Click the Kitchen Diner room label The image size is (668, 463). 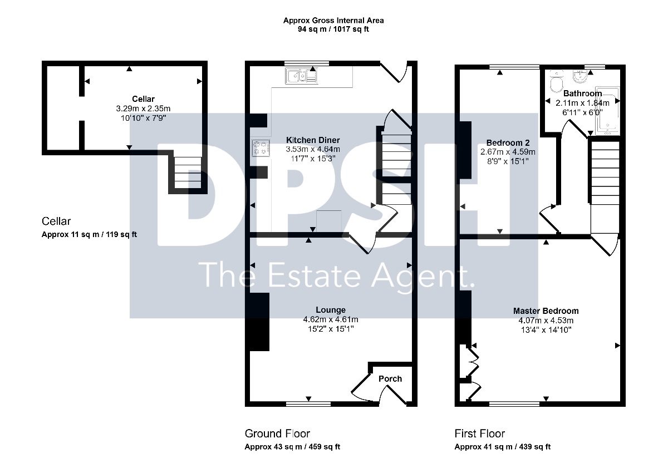[313, 140]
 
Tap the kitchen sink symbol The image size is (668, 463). [301, 76]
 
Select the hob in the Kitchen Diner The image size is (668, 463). [261, 148]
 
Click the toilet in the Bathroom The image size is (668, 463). [556, 82]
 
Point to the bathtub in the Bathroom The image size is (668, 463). [607, 110]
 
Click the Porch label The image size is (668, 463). [390, 378]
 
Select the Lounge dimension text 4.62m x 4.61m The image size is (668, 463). [331, 319]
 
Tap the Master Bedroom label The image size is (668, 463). [546, 311]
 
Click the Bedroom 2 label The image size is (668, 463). [508, 143]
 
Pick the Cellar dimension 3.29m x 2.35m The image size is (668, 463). [143, 109]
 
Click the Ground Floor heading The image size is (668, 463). [277, 434]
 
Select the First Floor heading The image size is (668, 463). [479, 434]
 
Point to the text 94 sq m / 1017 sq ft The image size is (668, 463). [333, 29]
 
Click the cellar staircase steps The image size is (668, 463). [188, 173]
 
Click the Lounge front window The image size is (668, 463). [308, 404]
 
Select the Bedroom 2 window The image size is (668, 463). [514, 67]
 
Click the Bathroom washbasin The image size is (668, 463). [580, 76]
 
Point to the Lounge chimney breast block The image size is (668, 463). [257, 322]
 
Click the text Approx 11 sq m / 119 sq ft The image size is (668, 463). [89, 235]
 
